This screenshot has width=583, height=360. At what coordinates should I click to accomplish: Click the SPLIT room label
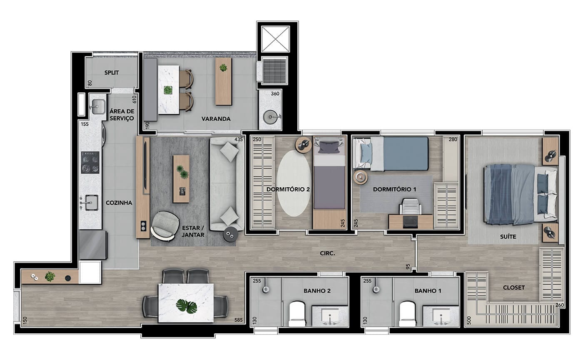coord(112,72)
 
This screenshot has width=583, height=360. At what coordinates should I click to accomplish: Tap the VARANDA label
coord(216,119)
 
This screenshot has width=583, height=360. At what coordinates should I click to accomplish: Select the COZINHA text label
coord(119,203)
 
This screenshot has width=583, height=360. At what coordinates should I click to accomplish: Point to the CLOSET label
coord(514,288)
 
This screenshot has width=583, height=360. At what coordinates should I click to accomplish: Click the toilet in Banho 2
coord(297,314)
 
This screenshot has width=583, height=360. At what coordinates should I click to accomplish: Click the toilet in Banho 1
coord(408,314)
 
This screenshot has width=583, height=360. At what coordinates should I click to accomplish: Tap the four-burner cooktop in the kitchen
coord(90,163)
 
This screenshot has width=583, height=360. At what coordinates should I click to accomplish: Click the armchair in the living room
coord(165,226)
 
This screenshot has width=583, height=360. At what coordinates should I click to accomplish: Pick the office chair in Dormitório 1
coord(411,207)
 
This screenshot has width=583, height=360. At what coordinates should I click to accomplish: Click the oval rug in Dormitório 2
coord(294,184)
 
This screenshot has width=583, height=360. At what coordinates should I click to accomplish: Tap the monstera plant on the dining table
coord(187,306)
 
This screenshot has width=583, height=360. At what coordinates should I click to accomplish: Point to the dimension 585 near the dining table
coord(238,320)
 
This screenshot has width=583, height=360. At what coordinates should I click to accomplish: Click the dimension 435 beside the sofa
coord(238,139)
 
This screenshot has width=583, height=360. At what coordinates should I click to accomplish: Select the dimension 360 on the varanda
coord(275,94)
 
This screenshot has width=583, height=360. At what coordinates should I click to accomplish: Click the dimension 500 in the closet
coord(469,320)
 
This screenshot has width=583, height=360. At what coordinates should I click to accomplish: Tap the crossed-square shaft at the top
coord(275,39)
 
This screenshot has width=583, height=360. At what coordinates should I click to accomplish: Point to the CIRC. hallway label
coord(327,253)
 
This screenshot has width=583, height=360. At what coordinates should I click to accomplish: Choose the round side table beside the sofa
coord(230,235)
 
